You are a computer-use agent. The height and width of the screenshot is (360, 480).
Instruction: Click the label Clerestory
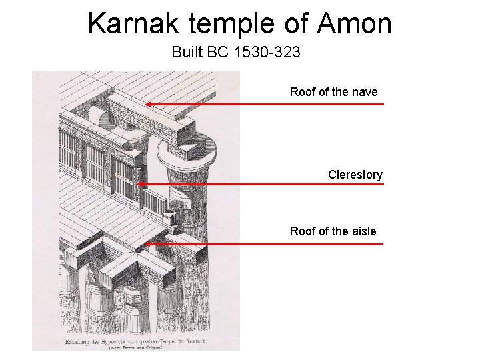(x=355, y=175)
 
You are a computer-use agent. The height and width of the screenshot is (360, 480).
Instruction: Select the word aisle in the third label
(x=361, y=231)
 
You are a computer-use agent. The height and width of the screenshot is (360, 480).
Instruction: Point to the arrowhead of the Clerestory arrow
(x=140, y=184)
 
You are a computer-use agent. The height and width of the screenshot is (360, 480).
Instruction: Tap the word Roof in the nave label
(x=303, y=92)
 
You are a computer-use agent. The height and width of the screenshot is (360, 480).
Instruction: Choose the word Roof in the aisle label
(x=303, y=231)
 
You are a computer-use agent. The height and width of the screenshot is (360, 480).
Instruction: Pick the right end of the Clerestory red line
(x=383, y=184)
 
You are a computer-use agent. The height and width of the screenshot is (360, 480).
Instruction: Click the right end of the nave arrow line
(x=383, y=104)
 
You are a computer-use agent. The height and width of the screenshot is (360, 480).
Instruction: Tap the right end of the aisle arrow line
(x=383, y=244)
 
